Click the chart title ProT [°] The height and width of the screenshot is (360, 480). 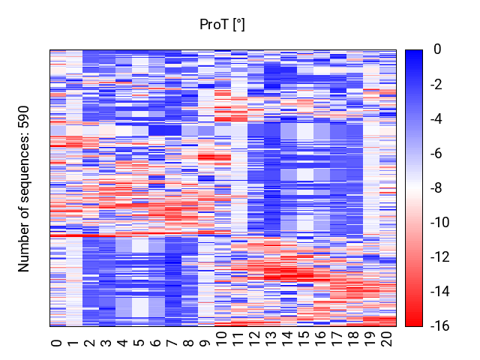(222, 25)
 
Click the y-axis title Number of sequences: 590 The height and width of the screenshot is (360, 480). (23, 189)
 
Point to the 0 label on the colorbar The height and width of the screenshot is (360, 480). (437, 49)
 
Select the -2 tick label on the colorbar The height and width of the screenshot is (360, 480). (436, 84)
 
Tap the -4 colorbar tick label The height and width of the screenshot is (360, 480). (436, 118)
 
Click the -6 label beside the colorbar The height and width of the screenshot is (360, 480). (436, 153)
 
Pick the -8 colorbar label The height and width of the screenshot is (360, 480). (436, 188)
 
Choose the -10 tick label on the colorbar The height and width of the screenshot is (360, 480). (440, 223)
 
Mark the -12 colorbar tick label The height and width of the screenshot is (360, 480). (440, 257)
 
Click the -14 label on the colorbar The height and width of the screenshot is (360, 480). (440, 292)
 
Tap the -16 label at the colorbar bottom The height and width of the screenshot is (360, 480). (440, 326)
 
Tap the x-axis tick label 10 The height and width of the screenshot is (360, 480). (222, 339)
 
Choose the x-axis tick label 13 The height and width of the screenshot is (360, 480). (271, 339)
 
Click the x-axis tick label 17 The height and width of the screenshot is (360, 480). (337, 339)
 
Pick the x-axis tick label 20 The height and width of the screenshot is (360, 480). (387, 339)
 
